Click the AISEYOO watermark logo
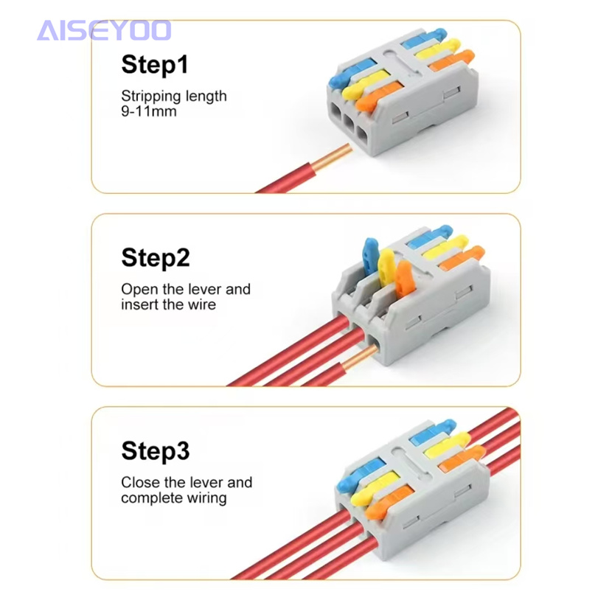104,30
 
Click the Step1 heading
155,64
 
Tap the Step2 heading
156,257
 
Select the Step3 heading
156,451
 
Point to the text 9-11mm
149,111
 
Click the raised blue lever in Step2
370,256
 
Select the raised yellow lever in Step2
386,268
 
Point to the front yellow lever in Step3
375,488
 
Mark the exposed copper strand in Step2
359,358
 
